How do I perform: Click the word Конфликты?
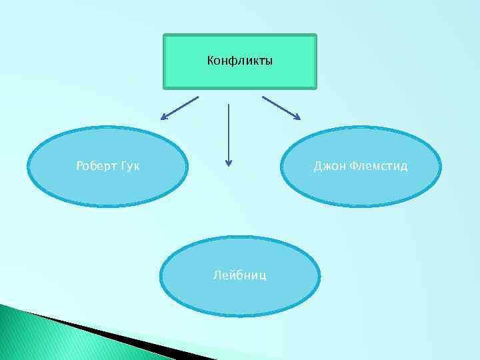coord(239,62)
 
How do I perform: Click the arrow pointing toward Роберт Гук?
coord(180,108)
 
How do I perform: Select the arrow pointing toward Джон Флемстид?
coord(281,108)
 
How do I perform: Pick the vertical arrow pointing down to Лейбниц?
coord(229,133)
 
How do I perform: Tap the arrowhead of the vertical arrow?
coord(229,161)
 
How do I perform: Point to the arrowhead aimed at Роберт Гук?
coord(164,118)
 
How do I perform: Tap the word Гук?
coord(130,165)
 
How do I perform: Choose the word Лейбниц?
coord(239,275)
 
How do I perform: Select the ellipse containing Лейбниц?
coord(239,293)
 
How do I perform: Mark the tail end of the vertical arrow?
coord(229,105)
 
